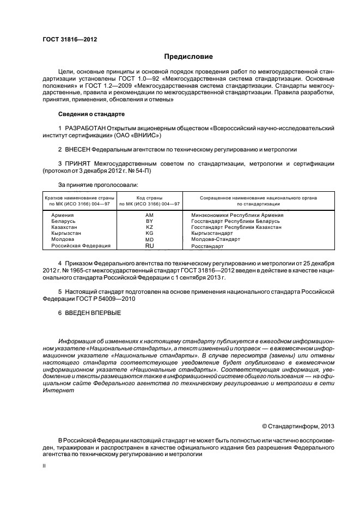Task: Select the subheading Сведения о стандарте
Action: click(x=91, y=114)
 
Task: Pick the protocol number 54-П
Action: click(x=143, y=171)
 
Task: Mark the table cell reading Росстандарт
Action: click(x=208, y=246)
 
